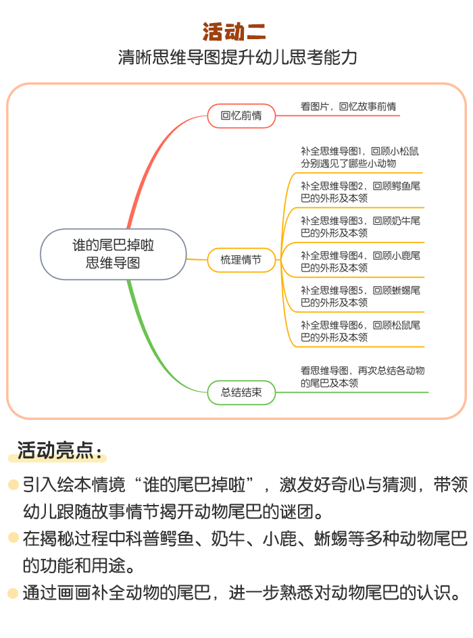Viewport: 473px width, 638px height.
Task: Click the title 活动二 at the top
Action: [234, 32]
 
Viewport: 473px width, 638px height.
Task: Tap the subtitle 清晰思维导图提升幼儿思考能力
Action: [238, 57]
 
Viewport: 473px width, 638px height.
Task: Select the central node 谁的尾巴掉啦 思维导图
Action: [114, 255]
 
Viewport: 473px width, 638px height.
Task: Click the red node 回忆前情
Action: [241, 116]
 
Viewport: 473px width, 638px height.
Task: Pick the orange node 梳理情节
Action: [241, 260]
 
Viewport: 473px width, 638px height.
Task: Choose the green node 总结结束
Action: [241, 393]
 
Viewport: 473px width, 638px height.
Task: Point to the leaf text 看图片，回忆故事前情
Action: [349, 107]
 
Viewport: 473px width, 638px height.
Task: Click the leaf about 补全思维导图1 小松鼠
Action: [359, 157]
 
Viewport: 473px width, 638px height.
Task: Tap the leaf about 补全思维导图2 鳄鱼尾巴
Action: [360, 192]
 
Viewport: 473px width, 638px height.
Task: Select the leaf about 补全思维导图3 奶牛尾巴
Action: [360, 227]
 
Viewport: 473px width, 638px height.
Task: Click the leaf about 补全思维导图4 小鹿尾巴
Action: [360, 262]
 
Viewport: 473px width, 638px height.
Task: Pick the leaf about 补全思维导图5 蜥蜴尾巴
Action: [360, 296]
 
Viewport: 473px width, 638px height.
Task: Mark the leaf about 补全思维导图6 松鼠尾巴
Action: [360, 331]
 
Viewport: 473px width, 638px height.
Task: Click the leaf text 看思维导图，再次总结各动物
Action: [363, 377]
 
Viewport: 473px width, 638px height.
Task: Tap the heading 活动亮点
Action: [59, 451]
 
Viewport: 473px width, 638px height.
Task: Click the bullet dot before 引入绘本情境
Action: [14, 485]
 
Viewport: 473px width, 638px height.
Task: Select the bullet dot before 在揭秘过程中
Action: [14, 537]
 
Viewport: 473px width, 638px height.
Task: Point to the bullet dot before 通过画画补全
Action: [14, 593]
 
